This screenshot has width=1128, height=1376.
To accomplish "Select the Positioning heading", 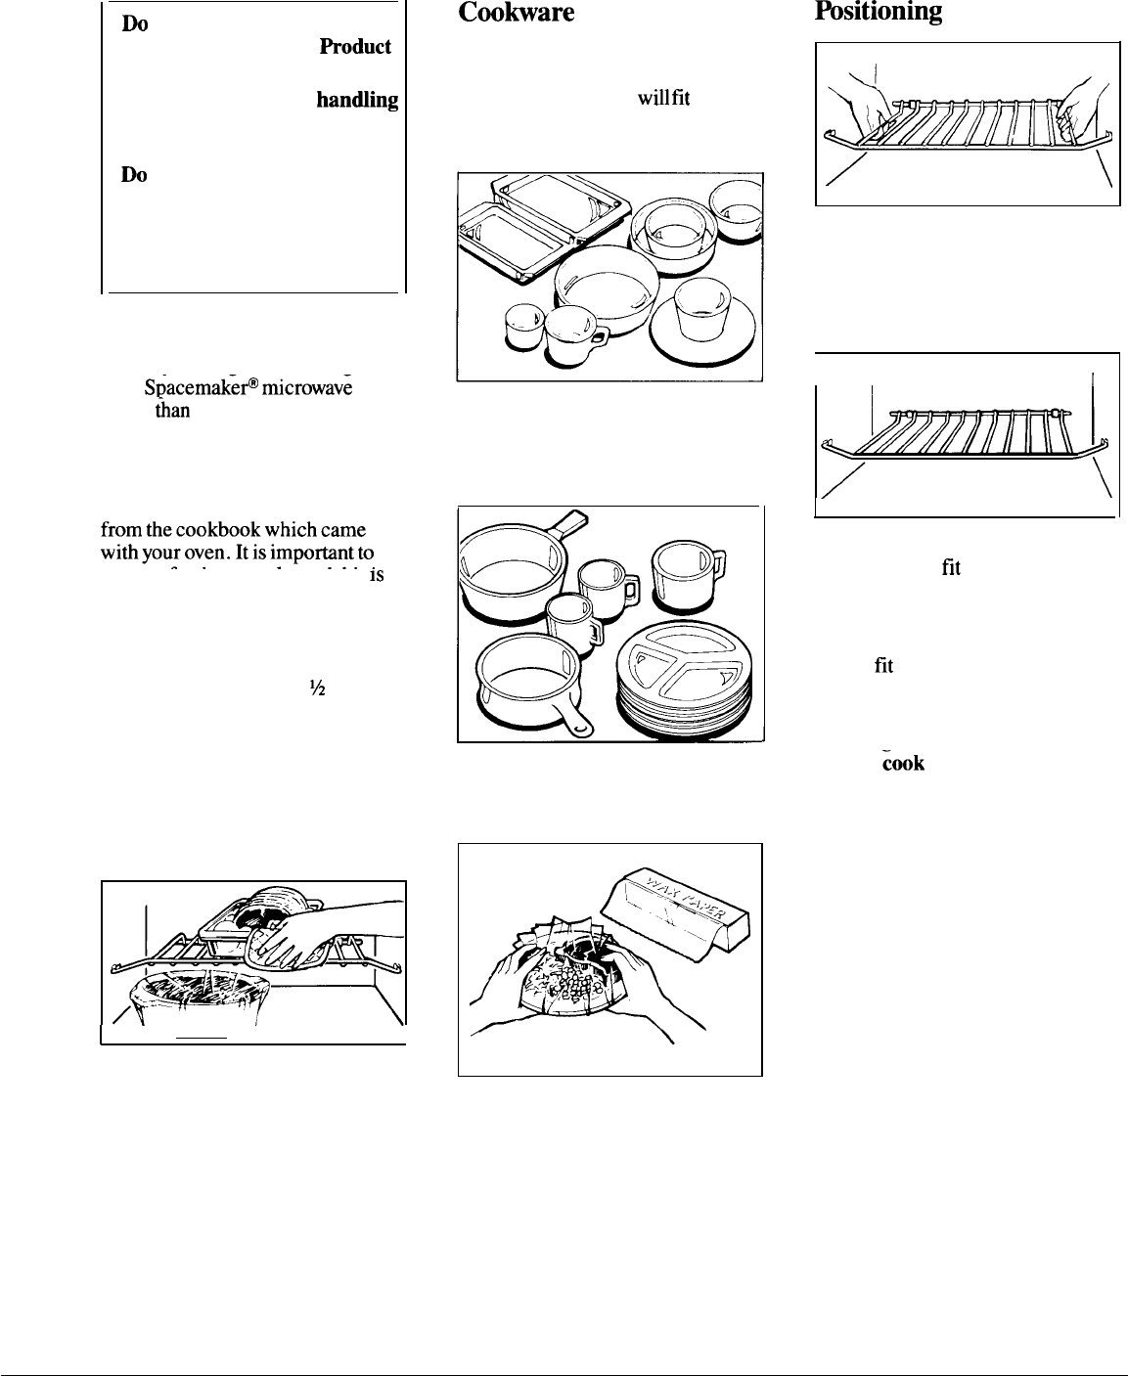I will (879, 12).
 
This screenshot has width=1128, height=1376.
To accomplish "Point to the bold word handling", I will (357, 100).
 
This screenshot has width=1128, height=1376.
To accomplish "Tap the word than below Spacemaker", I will (172, 411).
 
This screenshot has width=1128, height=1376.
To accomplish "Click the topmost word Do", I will (134, 26).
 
